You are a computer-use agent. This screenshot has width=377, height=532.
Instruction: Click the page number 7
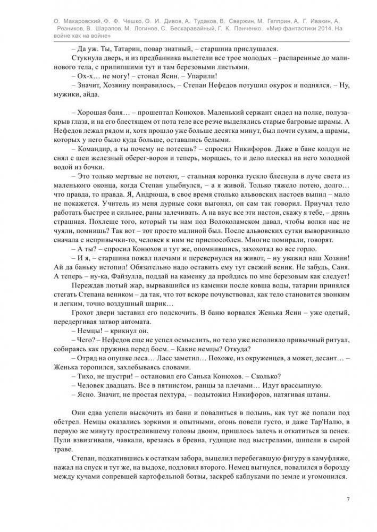click(347, 499)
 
